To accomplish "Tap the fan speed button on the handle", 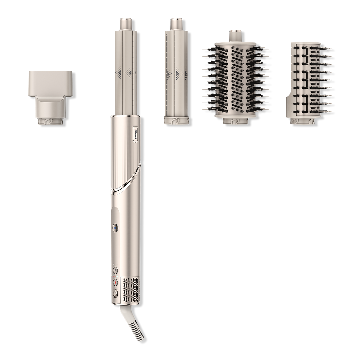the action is click(x=115, y=270).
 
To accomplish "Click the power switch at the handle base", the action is click(x=115, y=293).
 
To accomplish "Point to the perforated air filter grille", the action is click(x=131, y=291).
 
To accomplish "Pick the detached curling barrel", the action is click(x=176, y=71).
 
